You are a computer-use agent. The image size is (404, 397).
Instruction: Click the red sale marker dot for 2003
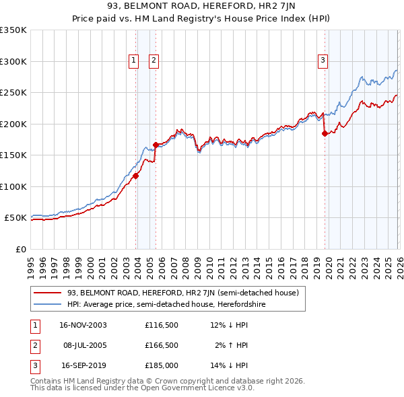pyautogui.click(x=136, y=176)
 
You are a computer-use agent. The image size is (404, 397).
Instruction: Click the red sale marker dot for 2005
pyautogui.click(x=156, y=145)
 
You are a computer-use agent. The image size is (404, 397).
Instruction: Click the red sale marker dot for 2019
pyautogui.click(x=325, y=133)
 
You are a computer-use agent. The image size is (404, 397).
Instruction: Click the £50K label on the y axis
pyautogui.click(x=15, y=218)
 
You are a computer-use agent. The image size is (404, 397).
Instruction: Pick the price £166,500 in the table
pyautogui.click(x=161, y=345)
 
